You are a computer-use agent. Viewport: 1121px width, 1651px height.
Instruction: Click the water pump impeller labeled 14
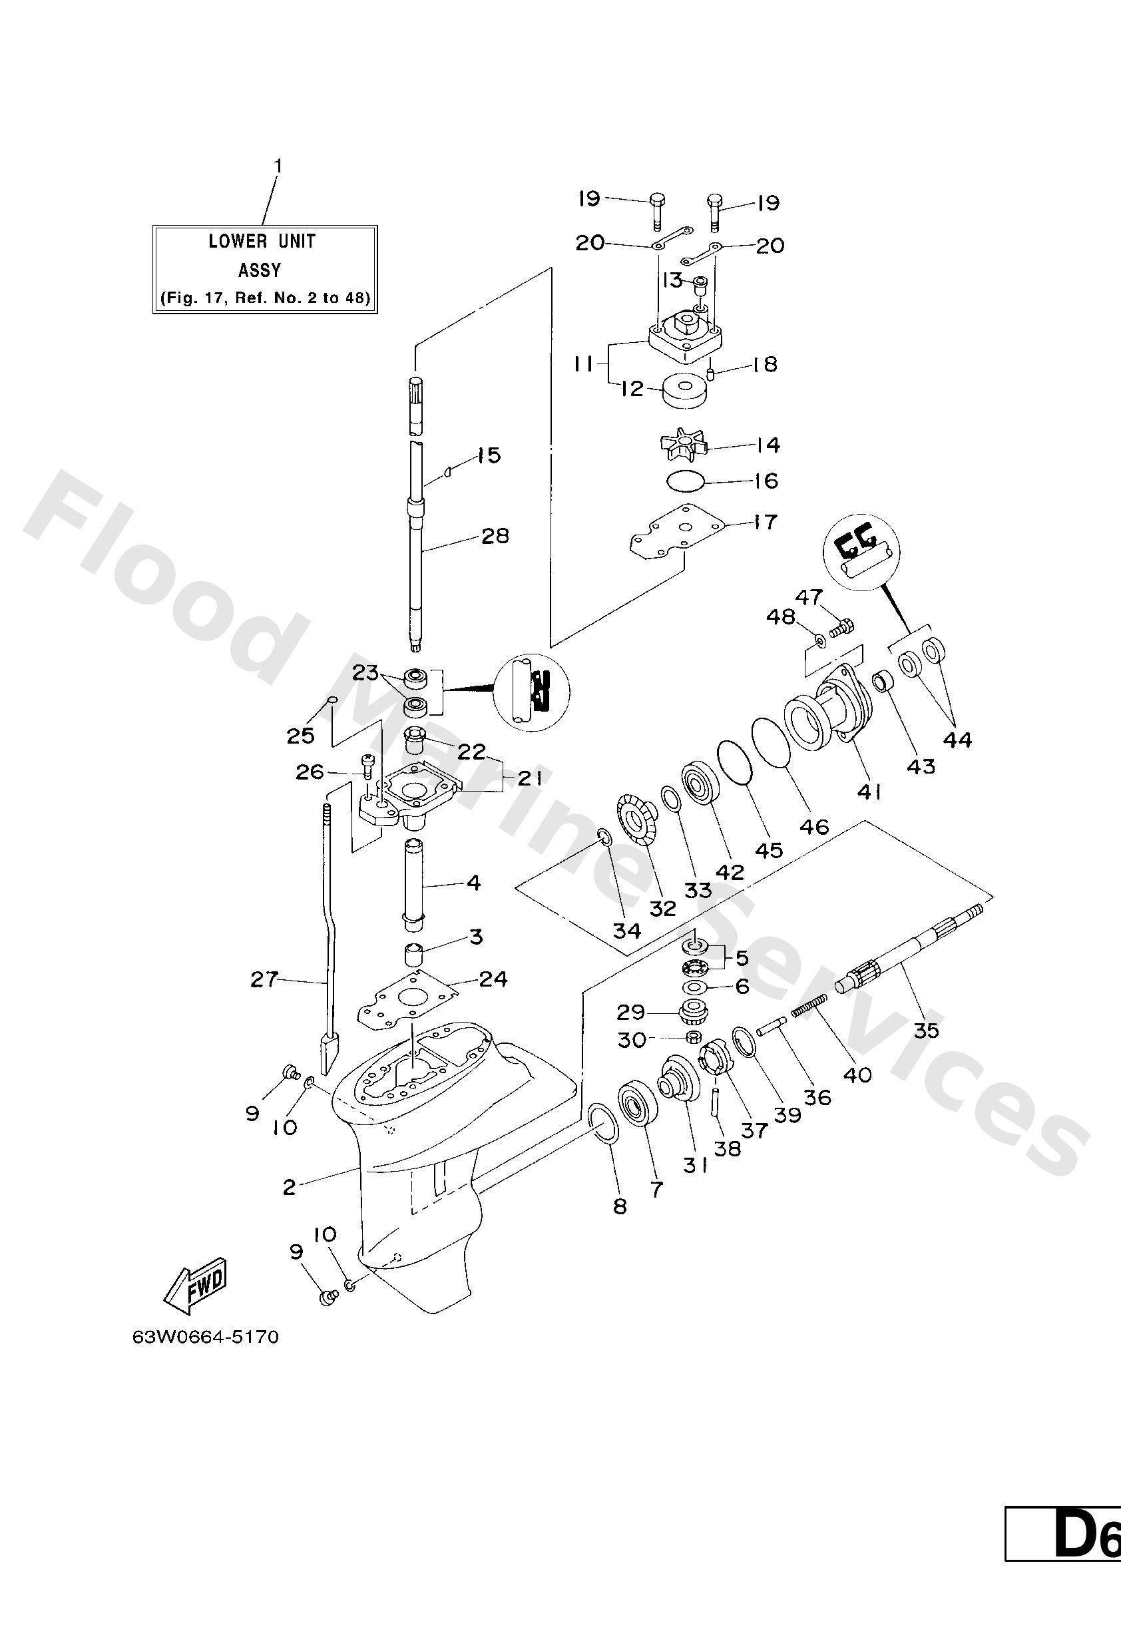680,447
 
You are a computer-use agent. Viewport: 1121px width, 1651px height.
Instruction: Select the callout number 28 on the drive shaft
495,536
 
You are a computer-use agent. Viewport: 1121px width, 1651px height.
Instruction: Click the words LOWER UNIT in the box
262,242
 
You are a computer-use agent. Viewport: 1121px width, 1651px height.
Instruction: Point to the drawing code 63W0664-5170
205,1337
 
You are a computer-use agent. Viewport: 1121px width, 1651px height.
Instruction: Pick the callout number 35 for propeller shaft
927,1029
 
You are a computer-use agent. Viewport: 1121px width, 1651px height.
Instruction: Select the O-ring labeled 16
686,481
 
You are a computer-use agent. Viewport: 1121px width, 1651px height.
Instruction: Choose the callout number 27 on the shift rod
264,981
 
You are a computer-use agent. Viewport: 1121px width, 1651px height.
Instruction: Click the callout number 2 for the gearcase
288,1186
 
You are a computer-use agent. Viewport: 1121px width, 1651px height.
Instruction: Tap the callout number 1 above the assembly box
278,166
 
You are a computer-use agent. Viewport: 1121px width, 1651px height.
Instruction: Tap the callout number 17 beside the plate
764,522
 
